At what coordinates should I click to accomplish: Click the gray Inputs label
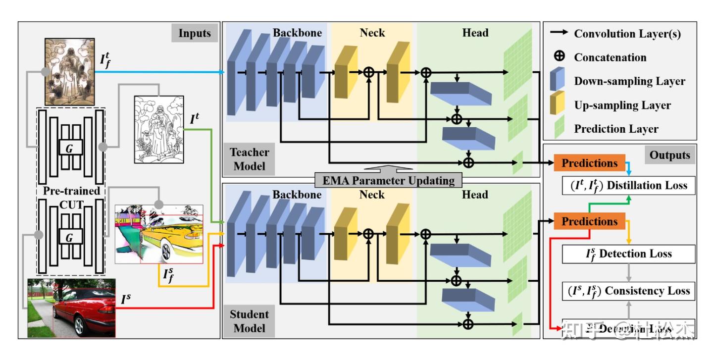(x=195, y=33)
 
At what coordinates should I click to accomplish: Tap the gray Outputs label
(x=669, y=155)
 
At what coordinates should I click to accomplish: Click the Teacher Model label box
(x=250, y=158)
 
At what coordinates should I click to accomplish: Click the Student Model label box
(x=250, y=321)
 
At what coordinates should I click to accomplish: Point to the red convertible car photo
(x=71, y=308)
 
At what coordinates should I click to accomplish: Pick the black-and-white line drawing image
(x=158, y=129)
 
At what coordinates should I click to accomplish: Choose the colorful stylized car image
(x=158, y=234)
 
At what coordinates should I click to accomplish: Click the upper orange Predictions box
(x=589, y=163)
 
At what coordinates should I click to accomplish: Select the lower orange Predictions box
(x=589, y=221)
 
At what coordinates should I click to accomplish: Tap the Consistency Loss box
(x=628, y=291)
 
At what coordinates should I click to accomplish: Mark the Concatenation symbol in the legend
(x=559, y=57)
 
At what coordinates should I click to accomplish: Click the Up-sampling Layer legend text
(x=622, y=105)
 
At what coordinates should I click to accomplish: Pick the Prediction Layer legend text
(x=616, y=129)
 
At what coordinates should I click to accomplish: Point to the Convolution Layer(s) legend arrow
(x=559, y=34)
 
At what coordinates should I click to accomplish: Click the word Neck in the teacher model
(x=372, y=33)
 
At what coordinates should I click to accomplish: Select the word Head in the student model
(x=475, y=195)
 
